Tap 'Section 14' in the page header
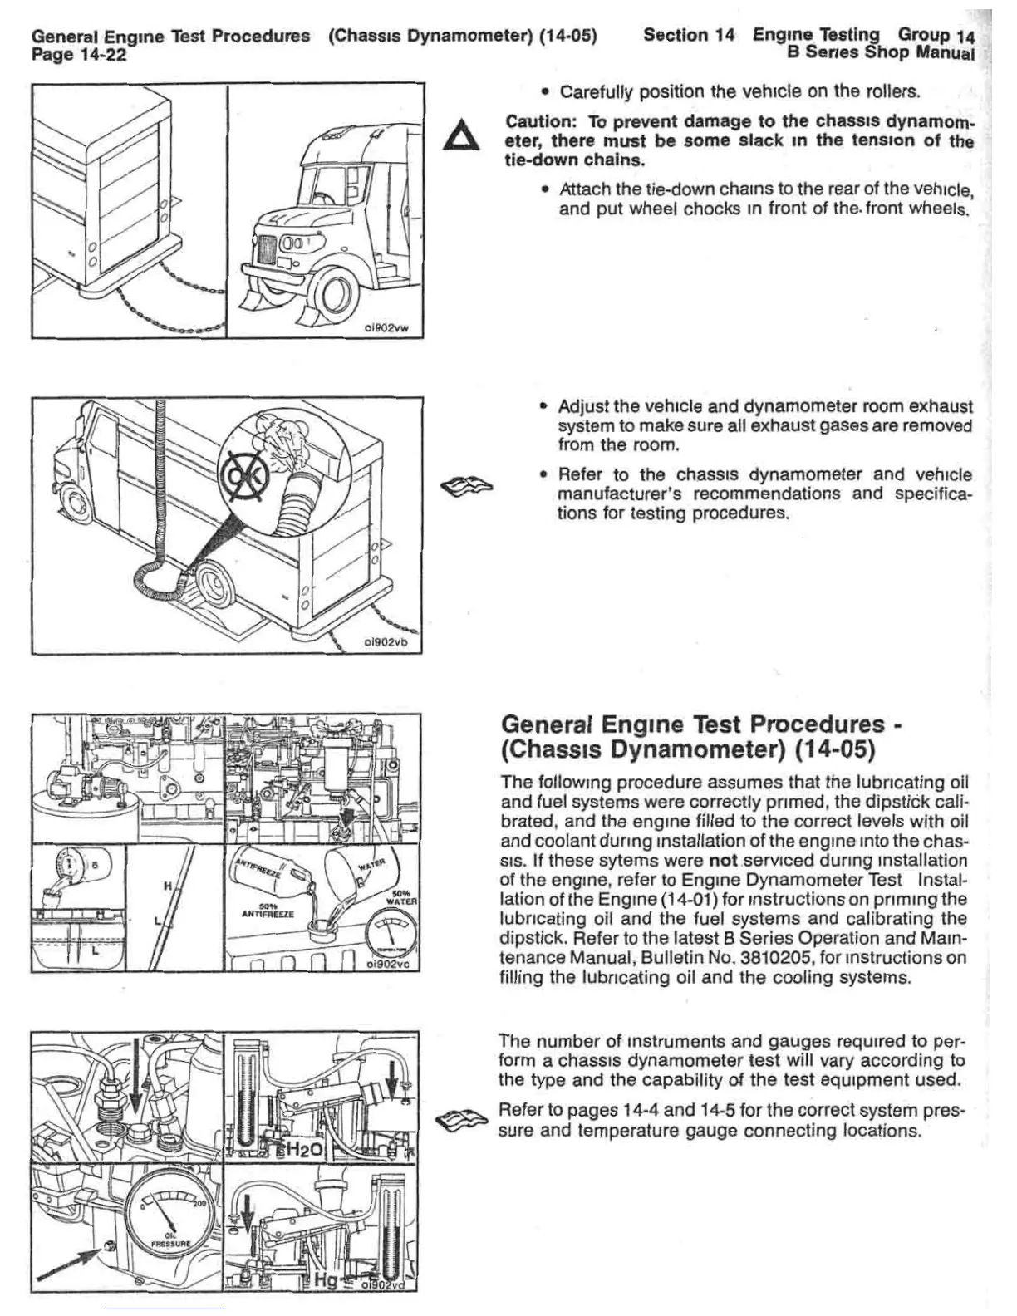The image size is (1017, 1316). tap(689, 35)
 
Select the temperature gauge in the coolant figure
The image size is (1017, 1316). tap(390, 936)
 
